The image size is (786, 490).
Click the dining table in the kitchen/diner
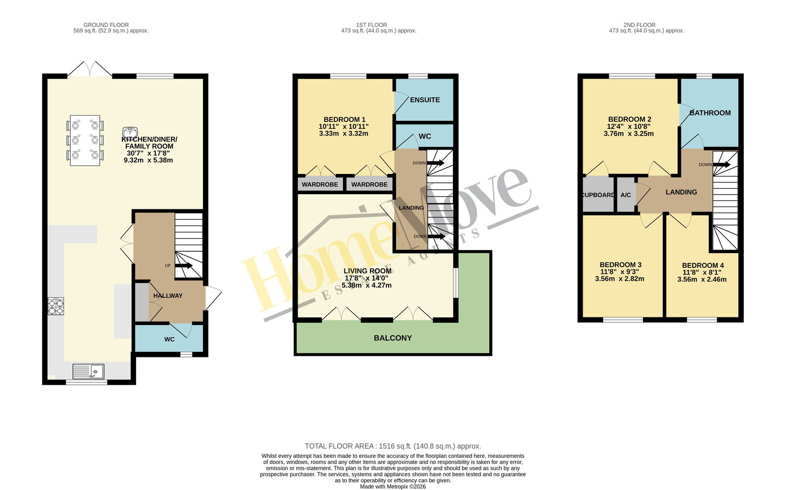pyautogui.click(x=85, y=141)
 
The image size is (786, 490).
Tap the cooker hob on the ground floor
pyautogui.click(x=56, y=306)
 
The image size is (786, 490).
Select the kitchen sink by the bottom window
pyautogui.click(x=88, y=372)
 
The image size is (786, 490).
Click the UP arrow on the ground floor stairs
pyautogui.click(x=184, y=265)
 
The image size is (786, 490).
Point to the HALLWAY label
pyautogui.click(x=168, y=296)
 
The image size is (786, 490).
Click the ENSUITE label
pyautogui.click(x=425, y=100)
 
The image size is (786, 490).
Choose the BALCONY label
pyautogui.click(x=393, y=338)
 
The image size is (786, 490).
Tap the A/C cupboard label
pyautogui.click(x=626, y=195)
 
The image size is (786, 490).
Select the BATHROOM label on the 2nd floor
pyautogui.click(x=710, y=113)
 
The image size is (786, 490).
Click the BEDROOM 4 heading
pyautogui.click(x=703, y=266)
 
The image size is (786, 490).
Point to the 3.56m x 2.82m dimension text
pyautogui.click(x=619, y=279)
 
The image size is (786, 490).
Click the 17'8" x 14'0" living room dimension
pyautogui.click(x=366, y=278)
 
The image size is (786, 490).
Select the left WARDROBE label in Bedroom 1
pyautogui.click(x=320, y=185)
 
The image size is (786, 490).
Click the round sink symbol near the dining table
pyautogui.click(x=130, y=132)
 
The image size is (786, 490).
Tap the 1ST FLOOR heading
pyautogui.click(x=371, y=25)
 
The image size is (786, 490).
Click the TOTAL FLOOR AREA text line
pyautogui.click(x=393, y=446)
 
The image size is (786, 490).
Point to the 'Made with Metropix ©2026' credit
pyautogui.click(x=393, y=487)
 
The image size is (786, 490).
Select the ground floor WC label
pyautogui.click(x=169, y=340)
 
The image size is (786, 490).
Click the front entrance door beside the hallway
pyautogui.click(x=213, y=298)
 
